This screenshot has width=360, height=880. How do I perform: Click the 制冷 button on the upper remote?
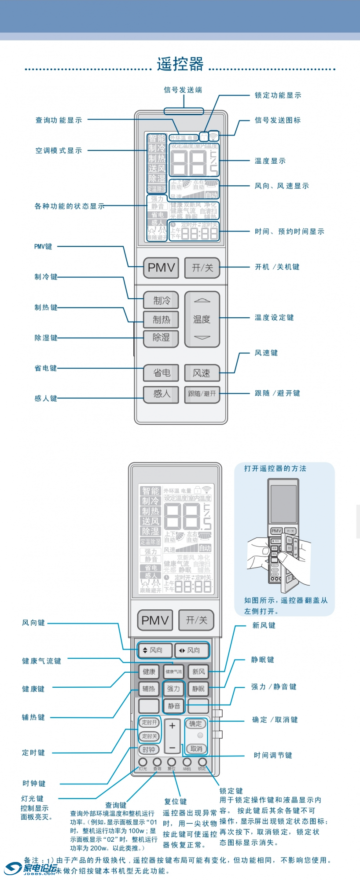(x=161, y=301)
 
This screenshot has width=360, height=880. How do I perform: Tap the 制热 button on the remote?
(x=161, y=319)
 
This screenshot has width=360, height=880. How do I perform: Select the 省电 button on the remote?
(x=161, y=373)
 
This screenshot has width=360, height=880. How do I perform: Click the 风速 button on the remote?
(x=202, y=373)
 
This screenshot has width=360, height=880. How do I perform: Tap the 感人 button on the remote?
(x=161, y=393)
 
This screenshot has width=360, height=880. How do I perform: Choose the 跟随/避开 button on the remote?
(x=202, y=393)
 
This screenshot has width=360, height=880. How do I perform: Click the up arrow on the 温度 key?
(x=202, y=301)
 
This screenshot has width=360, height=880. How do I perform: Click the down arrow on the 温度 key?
(x=202, y=337)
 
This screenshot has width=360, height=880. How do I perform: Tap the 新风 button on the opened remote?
(x=198, y=671)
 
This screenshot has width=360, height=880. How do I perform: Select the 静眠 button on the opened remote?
(x=198, y=689)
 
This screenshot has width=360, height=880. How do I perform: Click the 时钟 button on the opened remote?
(x=149, y=749)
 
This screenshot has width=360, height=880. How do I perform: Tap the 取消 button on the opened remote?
(x=196, y=748)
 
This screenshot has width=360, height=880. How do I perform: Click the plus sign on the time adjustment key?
(x=172, y=726)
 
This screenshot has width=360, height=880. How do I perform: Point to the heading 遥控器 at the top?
(x=180, y=64)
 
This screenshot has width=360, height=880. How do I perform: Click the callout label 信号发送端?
(x=183, y=90)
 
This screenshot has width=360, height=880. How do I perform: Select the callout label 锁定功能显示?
(x=278, y=95)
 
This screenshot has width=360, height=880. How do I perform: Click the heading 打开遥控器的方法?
(x=275, y=469)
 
